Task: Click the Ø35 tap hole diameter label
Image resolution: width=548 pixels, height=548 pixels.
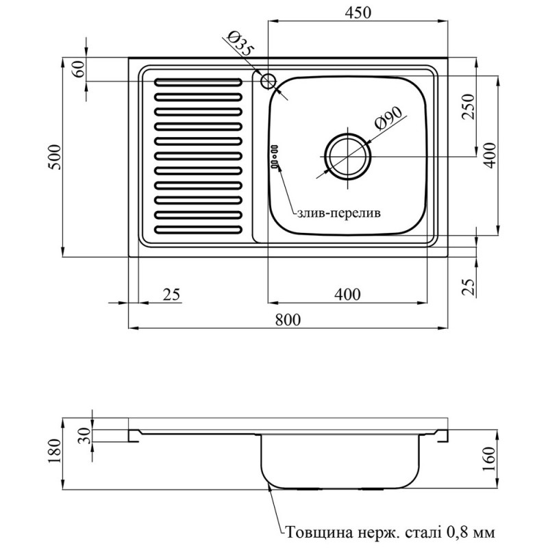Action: (240, 47)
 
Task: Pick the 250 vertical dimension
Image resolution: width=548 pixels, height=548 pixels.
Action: (468, 106)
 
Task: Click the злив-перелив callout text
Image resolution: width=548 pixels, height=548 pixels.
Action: (338, 214)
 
